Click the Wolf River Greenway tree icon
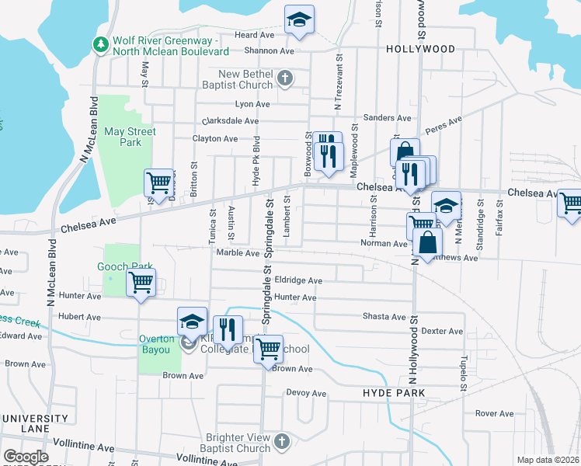coord(99,45)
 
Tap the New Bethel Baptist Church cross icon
coord(285,78)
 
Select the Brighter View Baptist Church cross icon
coord(282,442)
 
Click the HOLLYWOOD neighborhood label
coord(420,49)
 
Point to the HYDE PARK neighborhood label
coord(393,394)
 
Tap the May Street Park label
coord(130,137)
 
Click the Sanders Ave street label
coord(387,118)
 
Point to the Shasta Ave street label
coord(384,317)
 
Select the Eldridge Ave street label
coord(298,280)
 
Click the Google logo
coord(25,457)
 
